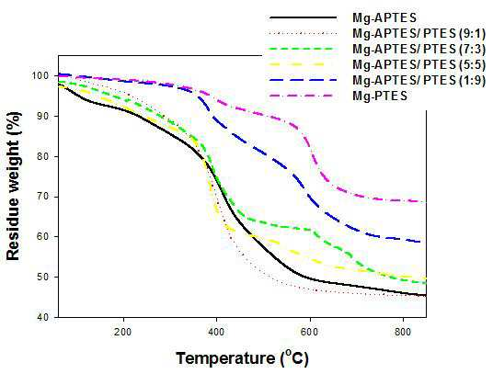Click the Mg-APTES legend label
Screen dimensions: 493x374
point(384,17)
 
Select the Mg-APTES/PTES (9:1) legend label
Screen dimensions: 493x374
point(419,33)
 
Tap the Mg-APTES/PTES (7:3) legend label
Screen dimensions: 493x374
point(419,49)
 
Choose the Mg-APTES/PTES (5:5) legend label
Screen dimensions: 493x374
point(419,64)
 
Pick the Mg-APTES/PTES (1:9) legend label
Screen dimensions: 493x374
point(419,80)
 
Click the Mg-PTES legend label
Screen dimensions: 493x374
point(380,96)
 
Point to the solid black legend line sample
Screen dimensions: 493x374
point(304,17)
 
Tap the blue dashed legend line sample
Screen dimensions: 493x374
point(304,80)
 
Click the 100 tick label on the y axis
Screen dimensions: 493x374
point(40,76)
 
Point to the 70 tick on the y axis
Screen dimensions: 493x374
point(43,197)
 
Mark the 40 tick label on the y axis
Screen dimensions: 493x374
point(43,317)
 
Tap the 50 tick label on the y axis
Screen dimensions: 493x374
point(43,278)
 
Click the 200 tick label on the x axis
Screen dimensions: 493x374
point(123,332)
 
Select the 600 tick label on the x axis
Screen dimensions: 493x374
point(310,332)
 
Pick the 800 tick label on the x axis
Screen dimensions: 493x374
point(403,332)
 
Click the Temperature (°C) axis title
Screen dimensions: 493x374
point(243,358)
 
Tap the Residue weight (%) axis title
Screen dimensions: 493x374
point(13,187)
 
